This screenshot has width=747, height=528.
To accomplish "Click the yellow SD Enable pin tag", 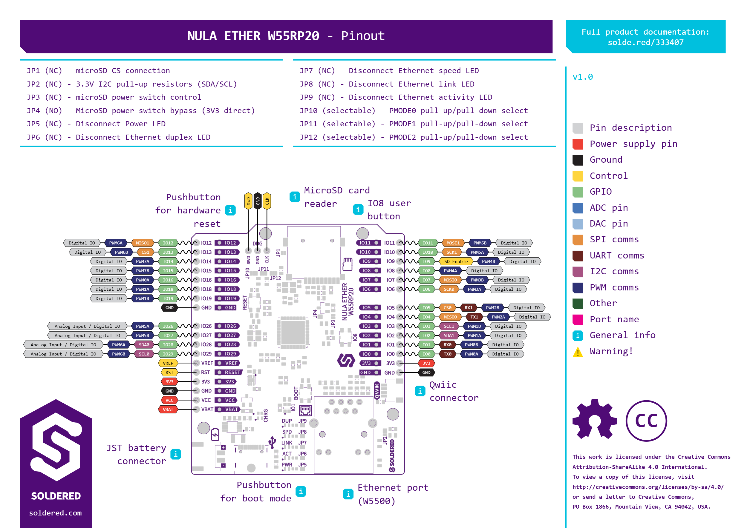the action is tap(456, 261).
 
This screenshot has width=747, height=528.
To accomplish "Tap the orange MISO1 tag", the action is tap(142, 243).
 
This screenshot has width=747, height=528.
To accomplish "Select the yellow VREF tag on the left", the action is tap(168, 363).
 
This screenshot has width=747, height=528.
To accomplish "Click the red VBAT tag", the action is tap(168, 409).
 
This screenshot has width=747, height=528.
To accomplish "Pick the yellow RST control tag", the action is tap(169, 372).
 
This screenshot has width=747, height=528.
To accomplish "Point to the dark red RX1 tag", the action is tap(469, 307).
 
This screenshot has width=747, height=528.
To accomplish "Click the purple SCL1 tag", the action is tap(448, 326).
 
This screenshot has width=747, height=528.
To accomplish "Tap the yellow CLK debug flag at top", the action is tap(267, 201).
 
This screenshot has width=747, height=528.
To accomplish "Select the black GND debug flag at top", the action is tap(258, 201).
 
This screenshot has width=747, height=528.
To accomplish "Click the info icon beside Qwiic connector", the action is tap(420, 391).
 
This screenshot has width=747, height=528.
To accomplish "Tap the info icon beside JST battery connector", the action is tap(176, 454).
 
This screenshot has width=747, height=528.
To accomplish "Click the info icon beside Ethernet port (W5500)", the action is tap(348, 494).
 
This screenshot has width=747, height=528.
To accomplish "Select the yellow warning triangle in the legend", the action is tap(578, 352).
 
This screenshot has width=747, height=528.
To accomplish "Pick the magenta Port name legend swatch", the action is tap(578, 320).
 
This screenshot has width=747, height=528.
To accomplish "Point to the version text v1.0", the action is tap(583, 77).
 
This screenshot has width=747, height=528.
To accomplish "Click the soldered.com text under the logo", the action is tap(55, 513).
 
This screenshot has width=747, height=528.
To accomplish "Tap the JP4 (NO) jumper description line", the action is tap(141, 110).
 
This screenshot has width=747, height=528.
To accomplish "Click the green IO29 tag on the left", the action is tap(168, 354).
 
